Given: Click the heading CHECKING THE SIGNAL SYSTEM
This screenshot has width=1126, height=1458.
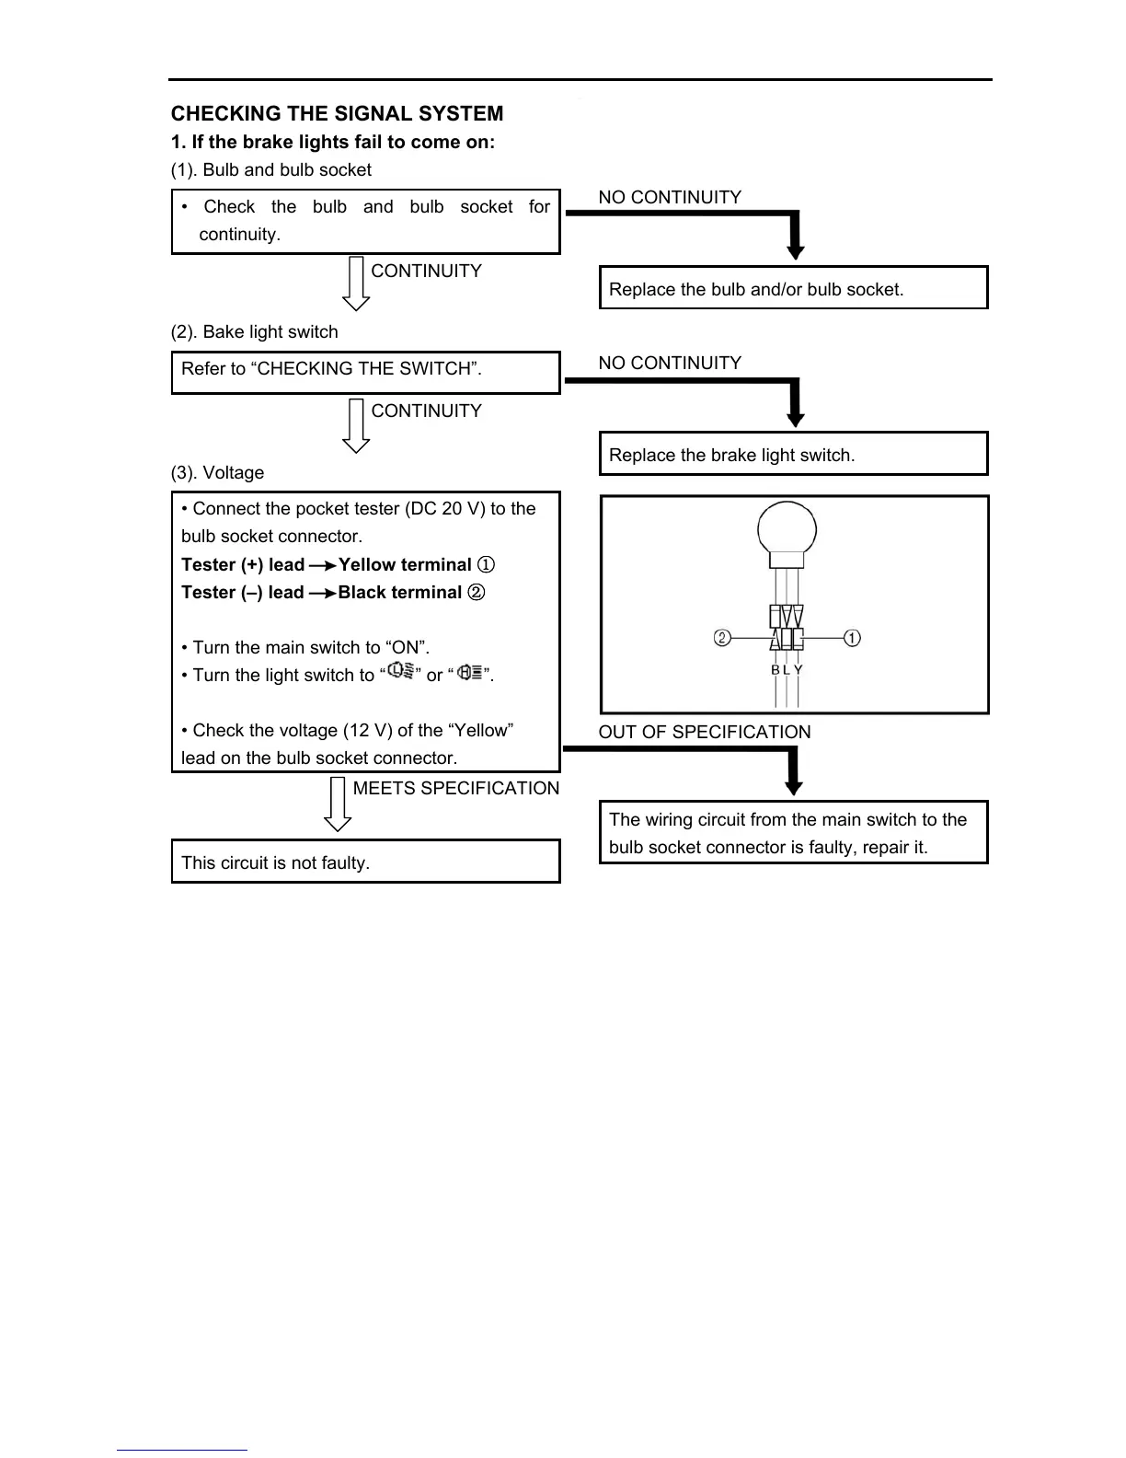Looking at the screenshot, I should tap(337, 114).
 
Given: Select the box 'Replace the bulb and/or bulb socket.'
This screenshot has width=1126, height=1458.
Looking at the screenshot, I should tap(793, 288).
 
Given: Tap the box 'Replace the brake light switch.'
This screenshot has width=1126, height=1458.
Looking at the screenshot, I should tap(793, 454).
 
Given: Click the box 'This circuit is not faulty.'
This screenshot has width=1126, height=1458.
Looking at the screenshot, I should tap(365, 862).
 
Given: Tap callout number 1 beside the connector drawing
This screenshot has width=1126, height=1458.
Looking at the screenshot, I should tap(852, 638).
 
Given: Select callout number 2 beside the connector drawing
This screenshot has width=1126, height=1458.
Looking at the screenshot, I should tap(722, 638).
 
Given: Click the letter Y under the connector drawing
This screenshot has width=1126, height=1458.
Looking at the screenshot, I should tap(799, 670).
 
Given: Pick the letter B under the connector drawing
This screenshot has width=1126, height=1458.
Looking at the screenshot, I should tap(776, 670).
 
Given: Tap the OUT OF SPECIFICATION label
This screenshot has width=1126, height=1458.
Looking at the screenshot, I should tap(705, 732).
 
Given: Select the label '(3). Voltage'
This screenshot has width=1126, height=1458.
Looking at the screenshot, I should tap(217, 472).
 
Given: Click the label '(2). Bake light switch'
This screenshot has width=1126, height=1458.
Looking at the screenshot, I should tap(254, 331).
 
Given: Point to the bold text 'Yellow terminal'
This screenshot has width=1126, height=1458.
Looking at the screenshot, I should tap(405, 564).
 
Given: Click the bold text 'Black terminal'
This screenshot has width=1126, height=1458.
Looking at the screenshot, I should tap(399, 592).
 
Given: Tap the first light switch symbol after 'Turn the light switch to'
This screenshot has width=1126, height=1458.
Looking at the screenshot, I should tap(400, 672).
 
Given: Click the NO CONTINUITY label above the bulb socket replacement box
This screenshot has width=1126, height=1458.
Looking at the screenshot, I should tap(670, 197).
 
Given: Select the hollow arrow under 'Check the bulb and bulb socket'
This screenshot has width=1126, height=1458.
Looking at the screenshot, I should tap(356, 284).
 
